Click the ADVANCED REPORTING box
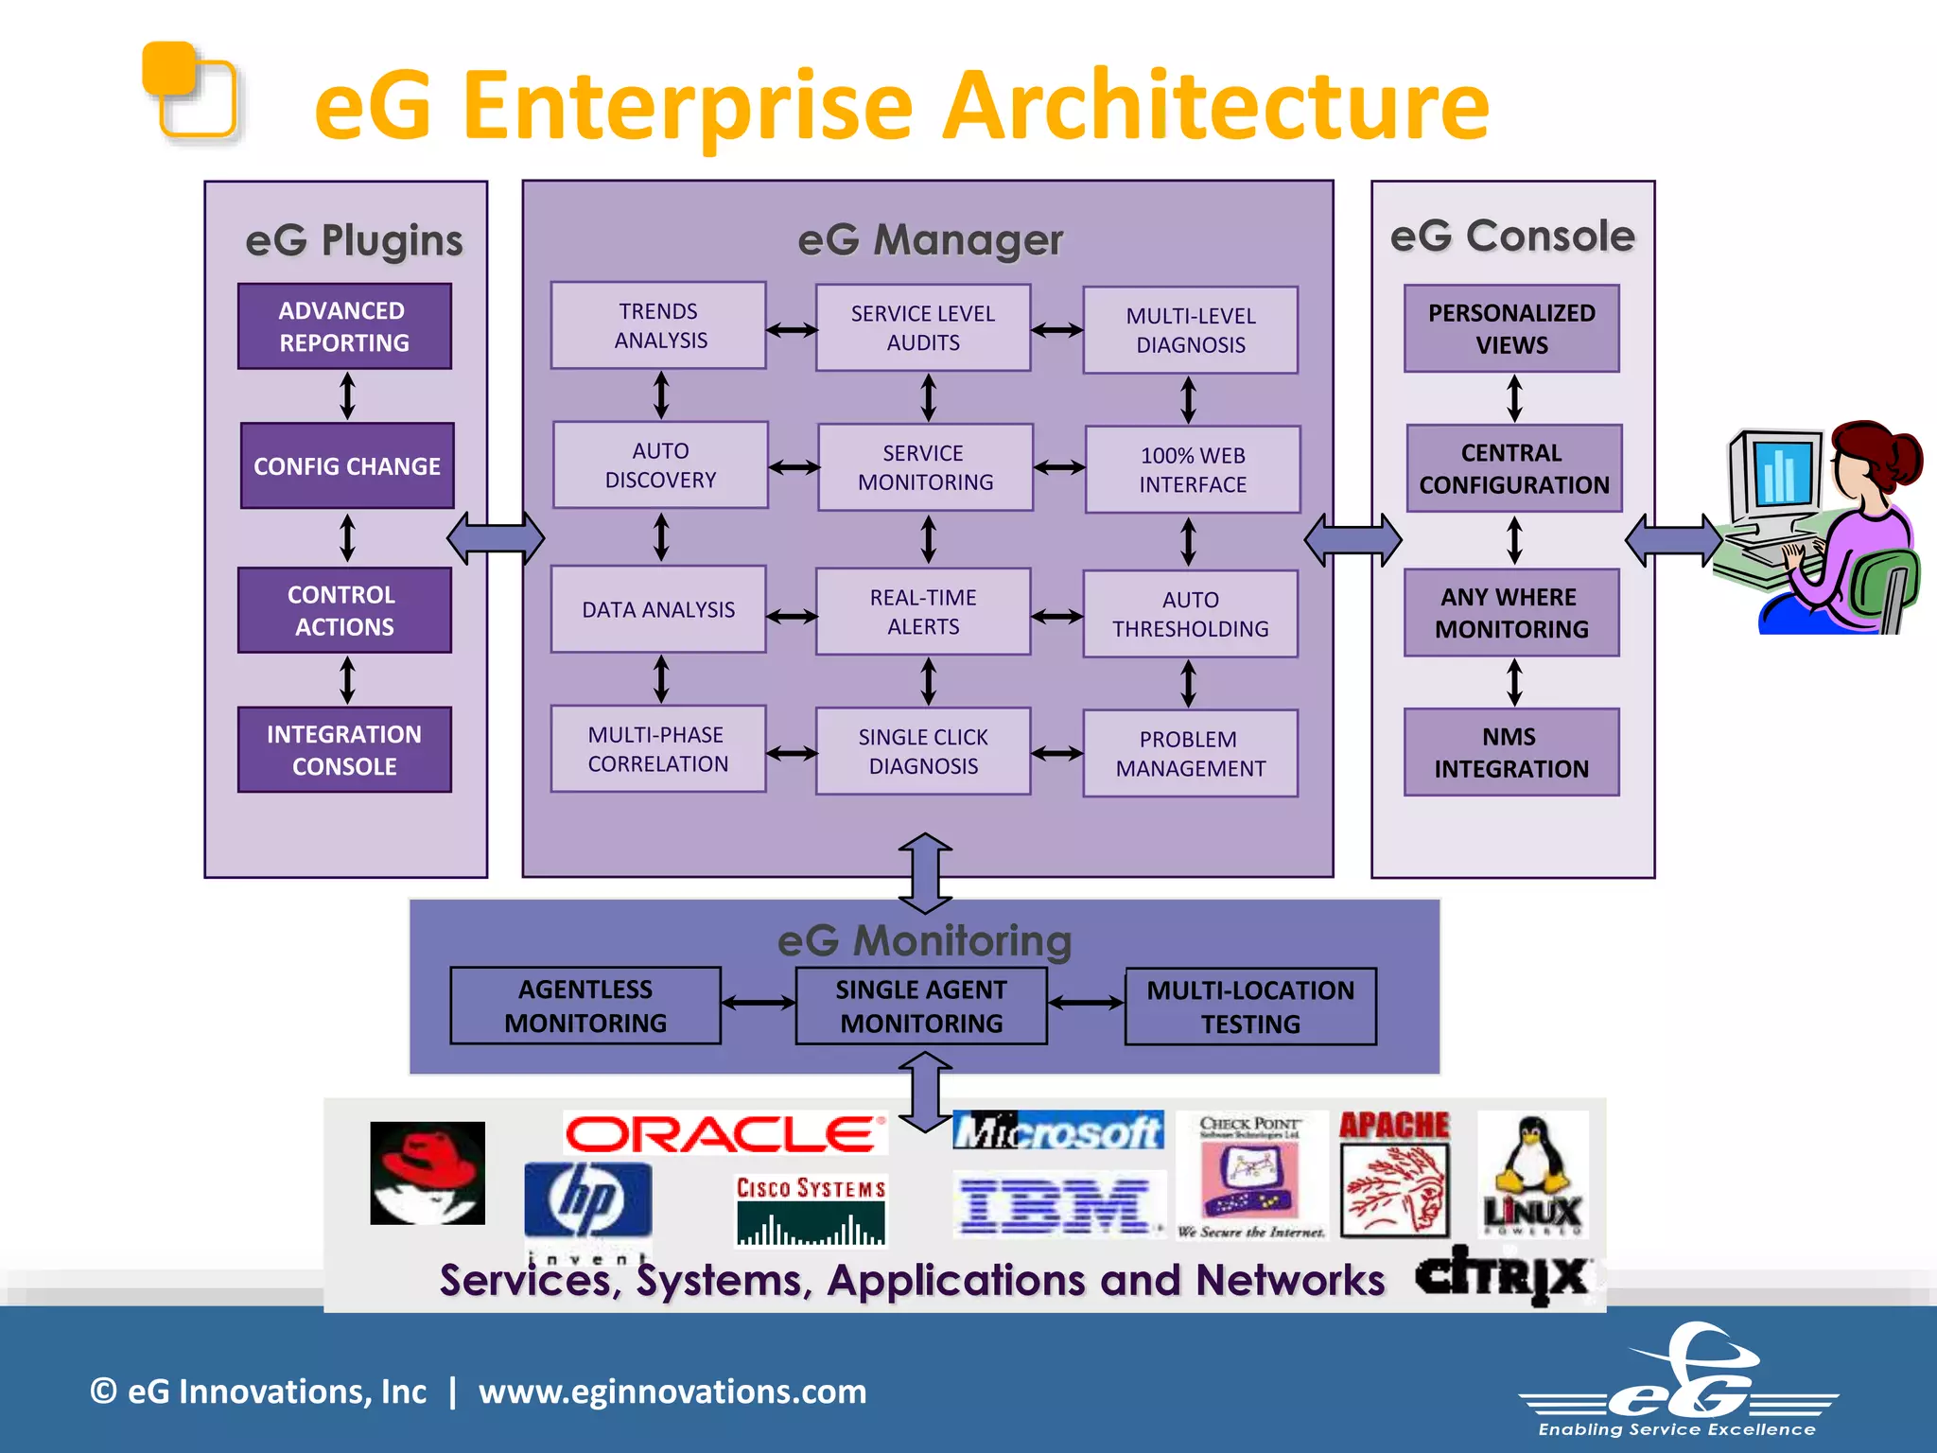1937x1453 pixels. tap(344, 326)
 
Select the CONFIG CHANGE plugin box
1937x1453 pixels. tap(347, 465)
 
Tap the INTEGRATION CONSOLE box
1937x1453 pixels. tap(344, 750)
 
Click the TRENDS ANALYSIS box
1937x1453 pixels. tap(658, 325)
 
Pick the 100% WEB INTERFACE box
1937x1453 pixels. tap(1193, 469)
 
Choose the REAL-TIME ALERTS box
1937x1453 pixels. tap(923, 611)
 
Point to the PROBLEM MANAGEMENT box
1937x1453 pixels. tap(1190, 753)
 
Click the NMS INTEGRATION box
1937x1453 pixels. tap(1511, 752)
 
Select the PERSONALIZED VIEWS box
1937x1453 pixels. tap(1511, 328)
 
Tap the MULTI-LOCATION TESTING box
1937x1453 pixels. tap(1250, 1007)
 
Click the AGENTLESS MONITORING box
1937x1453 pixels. tap(585, 1006)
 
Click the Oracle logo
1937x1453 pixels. tap(724, 1133)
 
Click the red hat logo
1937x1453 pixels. tap(428, 1173)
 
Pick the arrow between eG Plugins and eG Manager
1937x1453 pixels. tap(496, 539)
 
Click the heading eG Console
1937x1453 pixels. tap(1511, 236)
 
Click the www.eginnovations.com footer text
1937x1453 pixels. tap(672, 1392)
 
